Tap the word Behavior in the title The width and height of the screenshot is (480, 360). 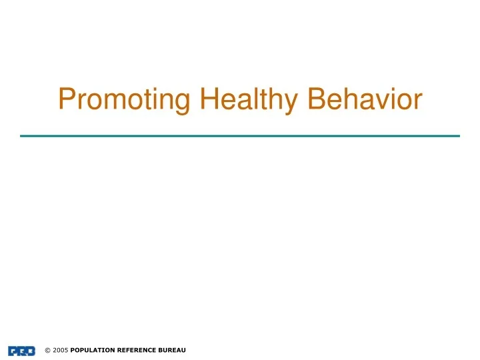click(365, 99)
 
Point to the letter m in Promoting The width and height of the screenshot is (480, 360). click(116, 102)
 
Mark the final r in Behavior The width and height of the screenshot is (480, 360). click(418, 102)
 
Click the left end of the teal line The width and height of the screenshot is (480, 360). click(22, 136)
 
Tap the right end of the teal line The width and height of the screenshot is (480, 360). click(459, 136)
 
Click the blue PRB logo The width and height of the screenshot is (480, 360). click(22, 351)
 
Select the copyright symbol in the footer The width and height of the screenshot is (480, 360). click(47, 351)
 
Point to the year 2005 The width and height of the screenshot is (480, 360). click(60, 351)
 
